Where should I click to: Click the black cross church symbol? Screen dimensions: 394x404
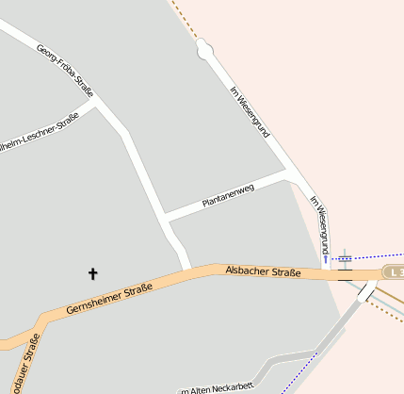click(92, 273)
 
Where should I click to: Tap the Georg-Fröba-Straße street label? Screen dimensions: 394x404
click(65, 71)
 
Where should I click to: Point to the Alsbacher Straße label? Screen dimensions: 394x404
click(263, 272)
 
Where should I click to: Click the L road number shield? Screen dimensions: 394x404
click(395, 271)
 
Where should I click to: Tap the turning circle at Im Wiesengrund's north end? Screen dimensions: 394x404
click(204, 49)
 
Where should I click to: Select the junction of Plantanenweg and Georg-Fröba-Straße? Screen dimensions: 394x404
click(165, 218)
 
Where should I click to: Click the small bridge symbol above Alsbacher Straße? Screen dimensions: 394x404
click(346, 257)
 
